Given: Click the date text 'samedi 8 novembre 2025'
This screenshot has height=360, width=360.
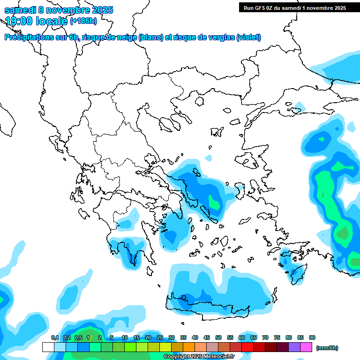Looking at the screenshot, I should pyautogui.click(x=59, y=10).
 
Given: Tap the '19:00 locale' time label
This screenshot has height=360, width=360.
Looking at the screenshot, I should pyautogui.click(x=36, y=21).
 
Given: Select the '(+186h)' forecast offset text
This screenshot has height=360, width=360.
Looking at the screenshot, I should pyautogui.click(x=83, y=21).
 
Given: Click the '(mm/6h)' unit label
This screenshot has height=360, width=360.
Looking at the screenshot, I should pyautogui.click(x=327, y=348).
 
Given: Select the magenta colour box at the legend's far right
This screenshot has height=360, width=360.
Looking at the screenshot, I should pyautogui.click(x=307, y=347).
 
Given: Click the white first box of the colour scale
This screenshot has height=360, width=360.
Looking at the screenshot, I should pyautogui.click(x=48, y=347).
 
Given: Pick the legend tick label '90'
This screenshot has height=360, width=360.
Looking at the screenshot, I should pyautogui.click(x=312, y=337).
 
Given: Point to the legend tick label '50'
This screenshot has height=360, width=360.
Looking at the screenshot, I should pyautogui.click(x=218, y=337).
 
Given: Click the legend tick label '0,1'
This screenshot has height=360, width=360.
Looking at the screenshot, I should pyautogui.click(x=55, y=337).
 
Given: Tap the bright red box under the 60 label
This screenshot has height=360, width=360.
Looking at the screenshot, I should pyautogui.click(x=247, y=347).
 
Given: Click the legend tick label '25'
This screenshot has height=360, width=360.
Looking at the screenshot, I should pyautogui.click(x=160, y=337).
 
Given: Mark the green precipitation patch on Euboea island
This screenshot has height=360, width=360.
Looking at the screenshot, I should pyautogui.click(x=214, y=203).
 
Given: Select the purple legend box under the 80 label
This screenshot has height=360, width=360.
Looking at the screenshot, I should pyautogui.click(x=294, y=347).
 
